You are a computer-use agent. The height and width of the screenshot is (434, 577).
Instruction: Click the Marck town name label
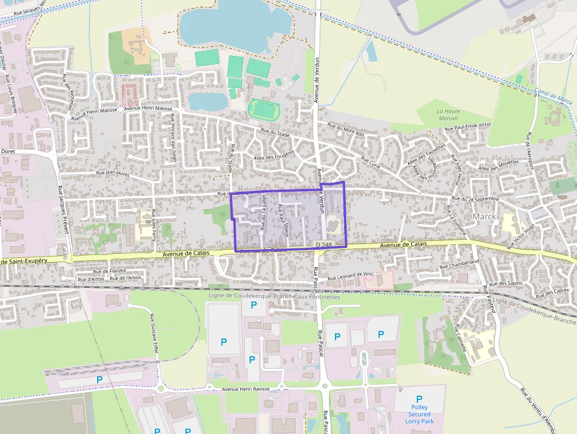pyautogui.click(x=484, y=217)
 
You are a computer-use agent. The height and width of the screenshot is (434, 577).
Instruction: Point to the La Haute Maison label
pyautogui.click(x=448, y=114)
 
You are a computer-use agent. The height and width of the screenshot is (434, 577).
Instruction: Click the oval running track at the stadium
pyautogui.click(x=263, y=108)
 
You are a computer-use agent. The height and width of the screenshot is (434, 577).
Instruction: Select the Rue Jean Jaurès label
pyautogui.click(x=112, y=173)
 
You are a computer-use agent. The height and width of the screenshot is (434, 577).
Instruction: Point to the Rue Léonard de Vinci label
pyautogui.click(x=351, y=277)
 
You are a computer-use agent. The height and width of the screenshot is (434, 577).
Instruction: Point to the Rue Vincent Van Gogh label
pyautogui.click(x=173, y=138)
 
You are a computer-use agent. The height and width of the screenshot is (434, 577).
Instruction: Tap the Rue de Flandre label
pyautogui.click(x=110, y=271)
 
